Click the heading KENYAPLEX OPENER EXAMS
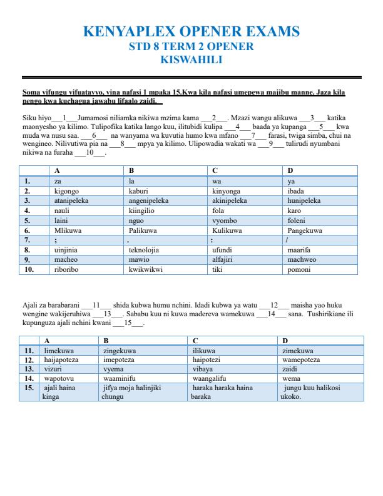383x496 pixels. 191,32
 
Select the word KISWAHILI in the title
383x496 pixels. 191,60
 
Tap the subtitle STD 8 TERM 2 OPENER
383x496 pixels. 191,47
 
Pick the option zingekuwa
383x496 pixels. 119,351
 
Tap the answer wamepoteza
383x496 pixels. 301,360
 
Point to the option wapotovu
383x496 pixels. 60,379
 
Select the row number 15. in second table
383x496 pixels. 28,388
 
